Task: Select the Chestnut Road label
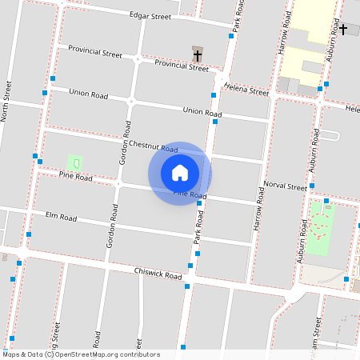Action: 158,146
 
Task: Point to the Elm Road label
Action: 61,217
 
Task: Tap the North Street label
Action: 7,100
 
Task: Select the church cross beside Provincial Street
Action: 198,55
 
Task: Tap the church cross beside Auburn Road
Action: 343,30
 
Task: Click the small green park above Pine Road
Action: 75,163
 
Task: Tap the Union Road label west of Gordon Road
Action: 88,94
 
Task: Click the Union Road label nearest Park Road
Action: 202,111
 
